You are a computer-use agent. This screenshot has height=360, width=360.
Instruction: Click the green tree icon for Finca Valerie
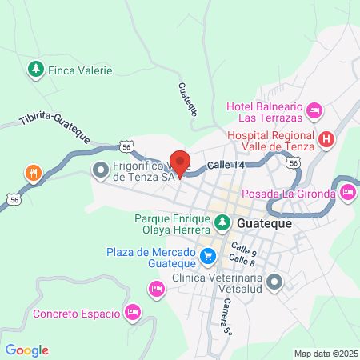(x=34, y=70)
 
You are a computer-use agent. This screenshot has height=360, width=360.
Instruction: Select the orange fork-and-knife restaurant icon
(x=33, y=172)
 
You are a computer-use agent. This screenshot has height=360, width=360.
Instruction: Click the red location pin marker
(x=180, y=163)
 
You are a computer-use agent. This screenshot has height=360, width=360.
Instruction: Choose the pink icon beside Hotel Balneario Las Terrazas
(x=315, y=109)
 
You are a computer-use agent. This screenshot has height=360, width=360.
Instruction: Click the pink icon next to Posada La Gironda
(x=348, y=192)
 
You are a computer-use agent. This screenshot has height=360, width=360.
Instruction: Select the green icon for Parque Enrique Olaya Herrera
(x=220, y=219)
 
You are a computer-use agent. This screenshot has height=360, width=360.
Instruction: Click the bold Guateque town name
(x=263, y=223)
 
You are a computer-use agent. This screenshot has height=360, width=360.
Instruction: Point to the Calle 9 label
(x=242, y=249)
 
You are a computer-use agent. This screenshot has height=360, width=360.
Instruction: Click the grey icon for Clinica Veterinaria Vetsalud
(x=274, y=282)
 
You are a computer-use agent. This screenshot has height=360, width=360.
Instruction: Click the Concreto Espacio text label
(x=76, y=313)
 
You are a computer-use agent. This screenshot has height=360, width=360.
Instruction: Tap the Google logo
(x=26, y=350)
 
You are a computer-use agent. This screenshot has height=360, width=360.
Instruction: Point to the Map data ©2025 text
(x=325, y=354)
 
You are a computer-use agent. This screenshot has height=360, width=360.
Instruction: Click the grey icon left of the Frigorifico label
(x=101, y=169)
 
